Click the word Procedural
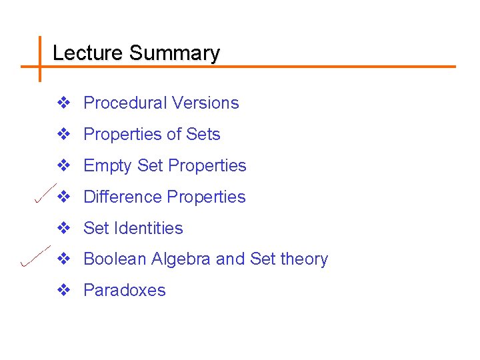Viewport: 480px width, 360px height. coord(125,103)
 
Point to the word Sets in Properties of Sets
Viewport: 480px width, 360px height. coord(203,134)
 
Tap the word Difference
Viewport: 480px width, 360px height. coord(123,197)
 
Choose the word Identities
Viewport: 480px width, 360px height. coord(149,228)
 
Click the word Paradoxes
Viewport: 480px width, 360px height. coord(125,291)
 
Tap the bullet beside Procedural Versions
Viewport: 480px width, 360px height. coord(63,103)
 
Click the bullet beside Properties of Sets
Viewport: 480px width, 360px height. coord(63,134)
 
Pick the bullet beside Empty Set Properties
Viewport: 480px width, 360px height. coord(63,165)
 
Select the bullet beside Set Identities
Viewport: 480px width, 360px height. coord(63,228)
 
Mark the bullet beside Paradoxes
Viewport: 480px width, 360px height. coord(63,291)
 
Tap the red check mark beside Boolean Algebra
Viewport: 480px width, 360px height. coord(35,256)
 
